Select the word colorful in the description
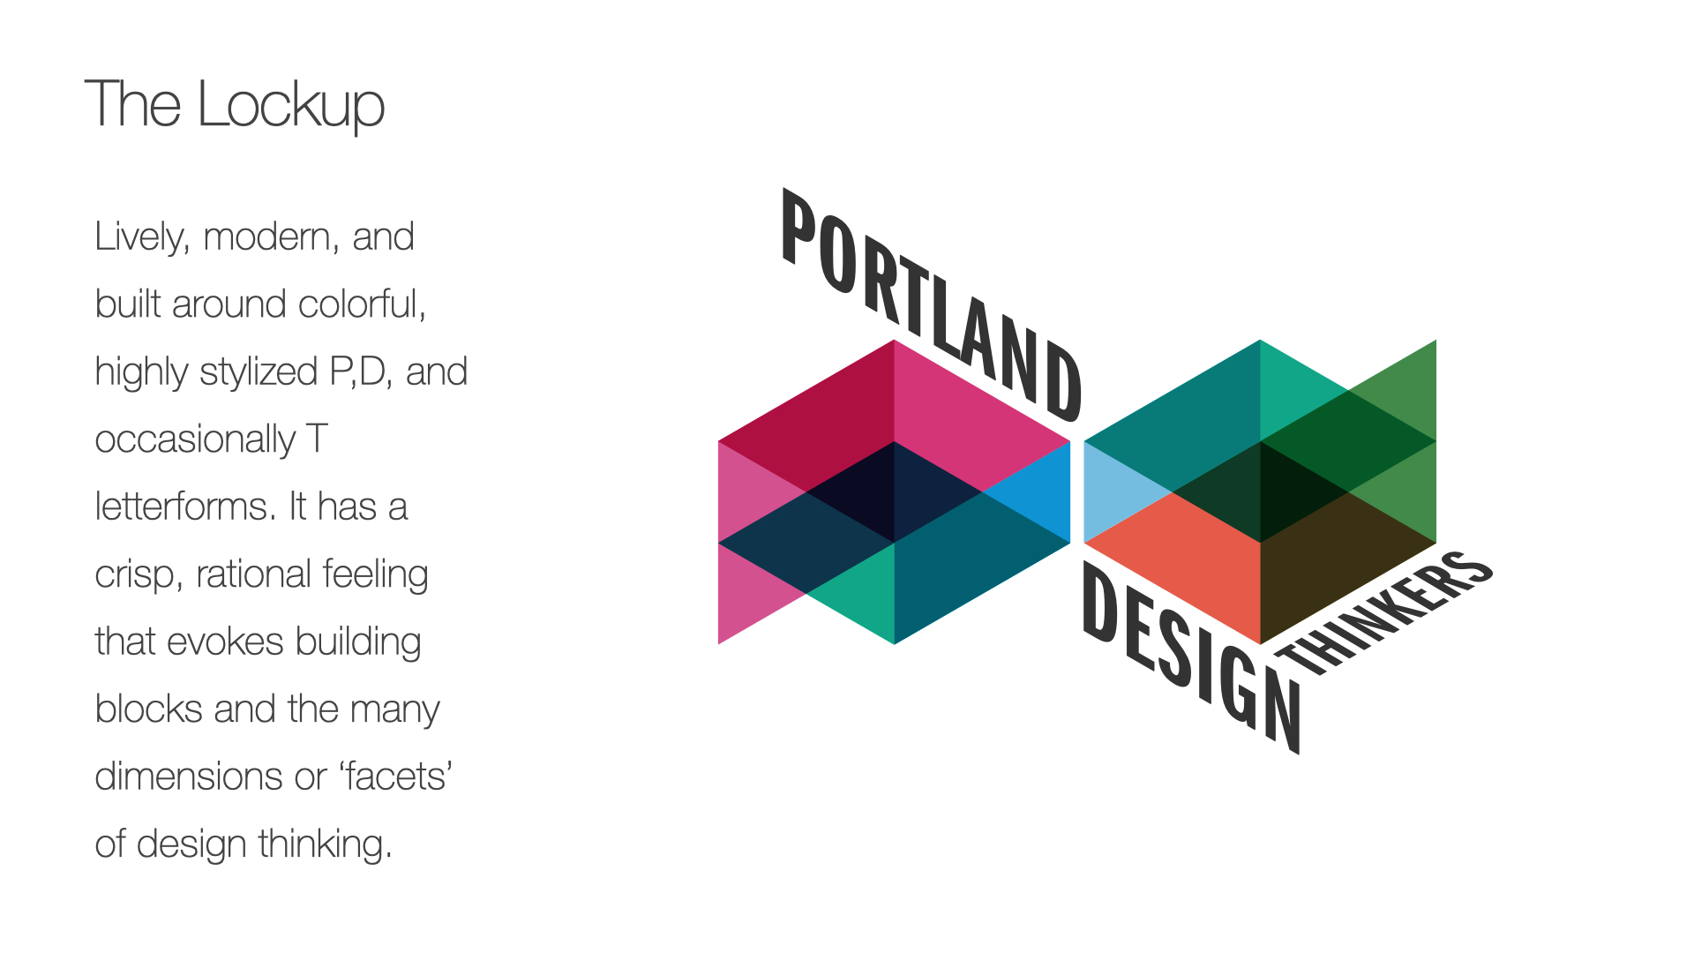(x=362, y=304)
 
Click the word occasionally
(x=195, y=440)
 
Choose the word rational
(x=252, y=574)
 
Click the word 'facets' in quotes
(x=396, y=777)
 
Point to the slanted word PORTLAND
(x=932, y=305)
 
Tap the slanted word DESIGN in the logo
(x=1191, y=658)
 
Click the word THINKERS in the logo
(x=1385, y=614)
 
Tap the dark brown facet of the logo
(x=1332, y=565)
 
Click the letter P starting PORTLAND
(x=799, y=227)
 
